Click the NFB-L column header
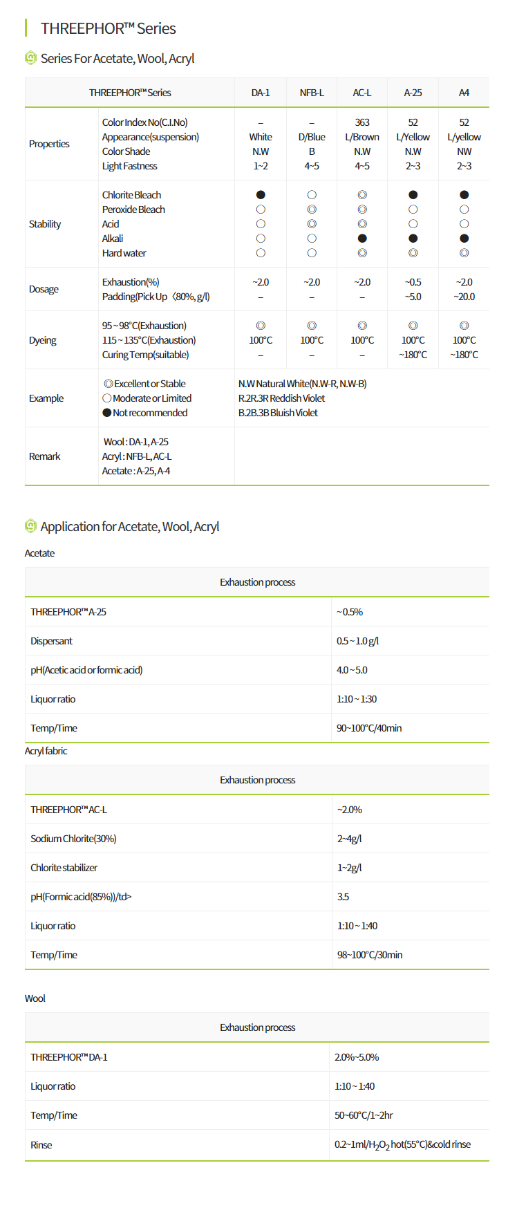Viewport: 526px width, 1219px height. point(312,93)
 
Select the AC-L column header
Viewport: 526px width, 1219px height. point(362,93)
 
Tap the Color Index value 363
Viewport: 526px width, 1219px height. point(362,122)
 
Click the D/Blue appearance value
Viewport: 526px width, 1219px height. point(312,137)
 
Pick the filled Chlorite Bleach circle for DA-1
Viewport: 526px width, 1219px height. point(261,195)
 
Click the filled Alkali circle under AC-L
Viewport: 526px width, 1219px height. point(362,239)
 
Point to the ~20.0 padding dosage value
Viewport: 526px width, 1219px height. point(464,297)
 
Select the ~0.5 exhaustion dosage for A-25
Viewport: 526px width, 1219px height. point(413,282)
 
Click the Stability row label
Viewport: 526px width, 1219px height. point(45,224)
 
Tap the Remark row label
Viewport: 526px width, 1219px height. point(45,456)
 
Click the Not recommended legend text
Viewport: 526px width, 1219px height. point(150,413)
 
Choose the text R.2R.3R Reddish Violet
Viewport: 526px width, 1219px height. point(281,398)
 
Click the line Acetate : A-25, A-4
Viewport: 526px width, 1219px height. point(136,471)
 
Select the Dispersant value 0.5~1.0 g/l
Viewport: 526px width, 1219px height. point(357,641)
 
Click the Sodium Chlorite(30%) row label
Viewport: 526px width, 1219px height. point(73,839)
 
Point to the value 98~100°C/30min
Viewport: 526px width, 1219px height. point(370,955)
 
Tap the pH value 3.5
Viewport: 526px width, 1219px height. point(343,897)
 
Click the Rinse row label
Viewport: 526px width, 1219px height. point(41,1145)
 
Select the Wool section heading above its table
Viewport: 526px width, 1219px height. point(35,998)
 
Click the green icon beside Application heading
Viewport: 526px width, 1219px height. point(30,526)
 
